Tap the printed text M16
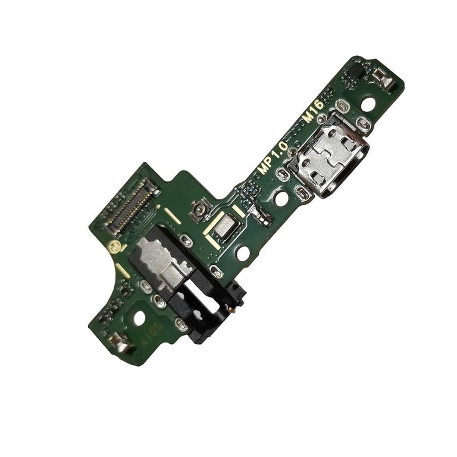tap(314, 111)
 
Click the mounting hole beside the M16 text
tap(368, 105)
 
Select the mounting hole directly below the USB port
tap(281, 199)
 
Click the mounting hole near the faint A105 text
tap(139, 318)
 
